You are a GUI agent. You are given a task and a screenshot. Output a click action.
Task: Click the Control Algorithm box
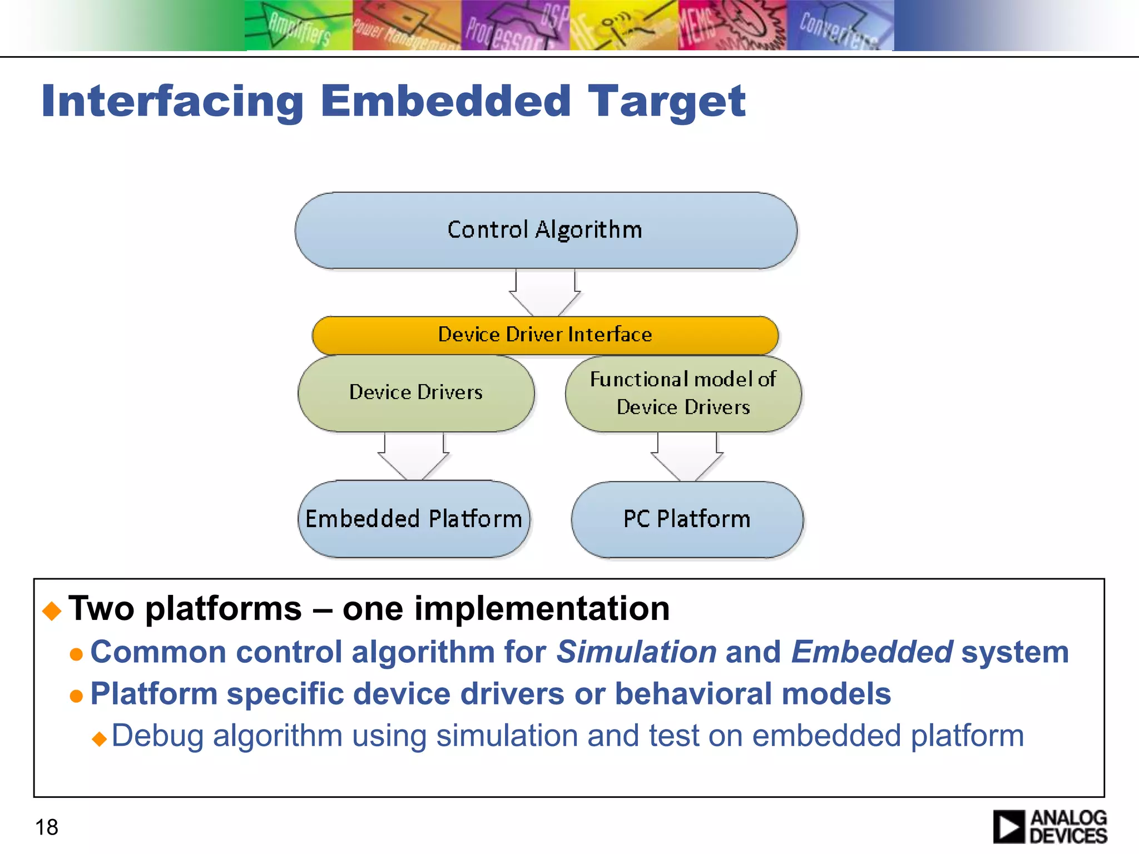click(x=545, y=230)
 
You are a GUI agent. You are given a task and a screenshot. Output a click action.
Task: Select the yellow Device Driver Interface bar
click(x=545, y=335)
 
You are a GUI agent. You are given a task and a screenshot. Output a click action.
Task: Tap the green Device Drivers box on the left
click(x=416, y=393)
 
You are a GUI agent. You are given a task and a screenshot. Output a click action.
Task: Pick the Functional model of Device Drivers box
click(x=683, y=393)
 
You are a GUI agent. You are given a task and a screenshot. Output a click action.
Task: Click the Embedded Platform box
click(x=414, y=519)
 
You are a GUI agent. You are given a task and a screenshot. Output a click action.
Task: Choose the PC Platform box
click(x=687, y=519)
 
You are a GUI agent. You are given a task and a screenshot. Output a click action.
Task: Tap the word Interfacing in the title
click(x=172, y=101)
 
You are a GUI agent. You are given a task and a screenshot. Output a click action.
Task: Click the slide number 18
click(x=47, y=827)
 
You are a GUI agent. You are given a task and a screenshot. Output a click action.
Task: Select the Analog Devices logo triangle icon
click(x=1008, y=827)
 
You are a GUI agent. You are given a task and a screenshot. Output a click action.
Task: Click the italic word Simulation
click(x=636, y=652)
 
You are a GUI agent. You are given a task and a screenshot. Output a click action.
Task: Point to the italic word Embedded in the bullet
click(x=871, y=652)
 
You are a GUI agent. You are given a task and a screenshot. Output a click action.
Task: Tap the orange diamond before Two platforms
click(x=52, y=610)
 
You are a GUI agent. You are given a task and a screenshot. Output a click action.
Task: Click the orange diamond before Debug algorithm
click(x=100, y=739)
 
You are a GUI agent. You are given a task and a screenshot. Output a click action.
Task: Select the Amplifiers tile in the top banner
click(x=299, y=26)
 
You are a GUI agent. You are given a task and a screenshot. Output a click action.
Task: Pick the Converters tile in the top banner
click(x=840, y=26)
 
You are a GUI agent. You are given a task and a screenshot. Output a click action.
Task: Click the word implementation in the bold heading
click(x=506, y=608)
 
